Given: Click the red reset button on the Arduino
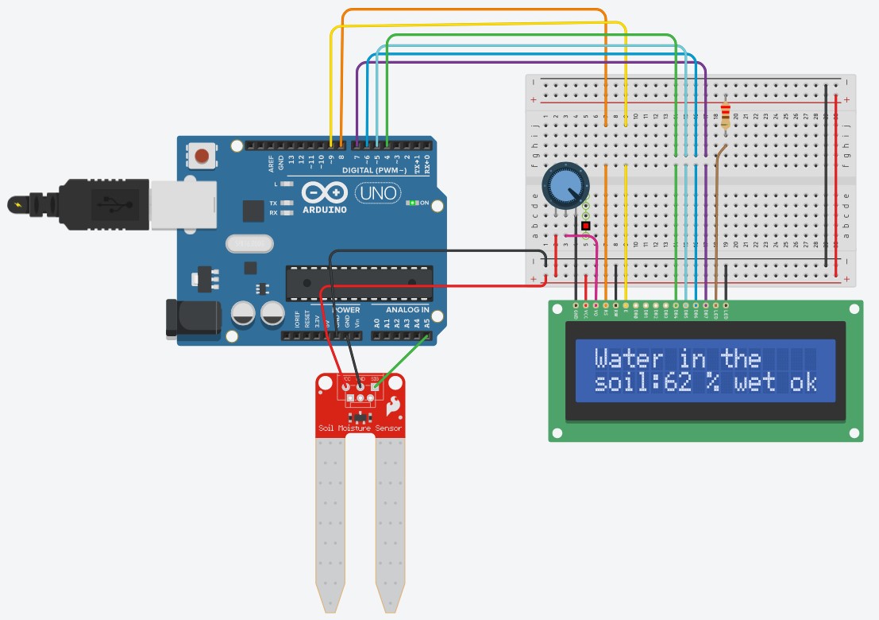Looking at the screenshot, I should pos(204,154).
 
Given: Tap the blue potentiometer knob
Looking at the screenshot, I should pos(563,187).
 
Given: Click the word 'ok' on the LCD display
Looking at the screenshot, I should pos(804,383).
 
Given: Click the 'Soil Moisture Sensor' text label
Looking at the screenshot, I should pos(360,428).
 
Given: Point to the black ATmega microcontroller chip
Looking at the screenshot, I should pos(359,284).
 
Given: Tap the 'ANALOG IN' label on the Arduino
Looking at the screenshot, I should pos(407,309).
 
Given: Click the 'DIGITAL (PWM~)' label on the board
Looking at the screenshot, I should pos(374,171).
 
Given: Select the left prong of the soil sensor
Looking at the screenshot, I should pos(330,525).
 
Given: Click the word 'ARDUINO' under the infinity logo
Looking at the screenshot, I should pos(325,211).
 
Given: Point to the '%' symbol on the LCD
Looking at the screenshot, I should pos(712,383).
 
